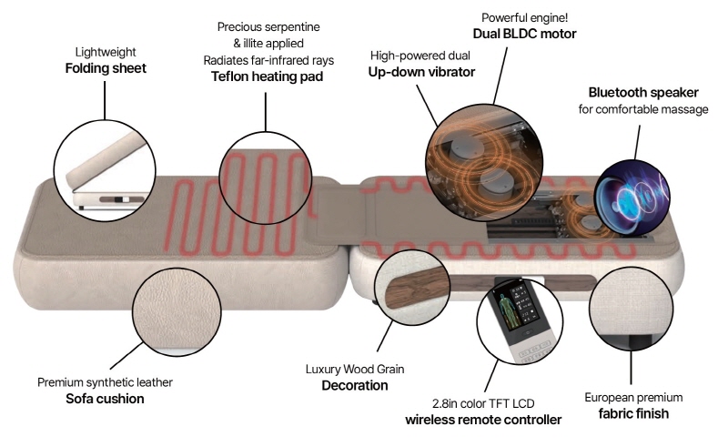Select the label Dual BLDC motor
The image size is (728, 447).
pos(523,34)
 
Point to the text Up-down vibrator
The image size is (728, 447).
pos(420,71)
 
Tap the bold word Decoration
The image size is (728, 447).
pos(355,386)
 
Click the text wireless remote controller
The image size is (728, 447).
pos(483,420)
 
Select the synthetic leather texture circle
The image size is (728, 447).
pos(176,313)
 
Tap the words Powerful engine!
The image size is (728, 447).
pos(524,15)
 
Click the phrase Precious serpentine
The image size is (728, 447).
pos(266,26)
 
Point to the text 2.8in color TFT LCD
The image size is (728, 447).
pos(482,402)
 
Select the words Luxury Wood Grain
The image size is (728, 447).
pos(355,370)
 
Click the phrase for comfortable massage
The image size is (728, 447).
pos(642,109)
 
